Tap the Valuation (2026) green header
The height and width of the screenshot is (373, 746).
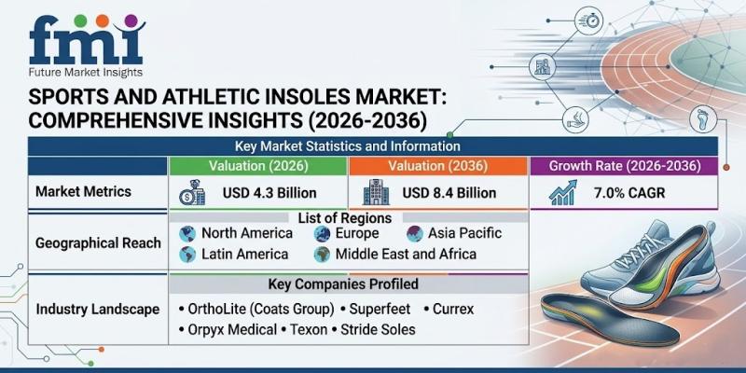click(258, 166)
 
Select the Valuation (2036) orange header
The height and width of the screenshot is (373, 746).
click(437, 166)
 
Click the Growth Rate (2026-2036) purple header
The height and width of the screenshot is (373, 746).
click(624, 166)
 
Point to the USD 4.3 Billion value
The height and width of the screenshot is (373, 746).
click(269, 193)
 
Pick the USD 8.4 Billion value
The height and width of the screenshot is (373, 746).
click(449, 193)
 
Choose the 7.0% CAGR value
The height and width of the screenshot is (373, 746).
click(629, 193)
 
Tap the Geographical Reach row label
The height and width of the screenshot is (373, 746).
click(98, 243)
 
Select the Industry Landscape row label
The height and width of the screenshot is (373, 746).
click(98, 310)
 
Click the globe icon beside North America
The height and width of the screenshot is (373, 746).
click(187, 234)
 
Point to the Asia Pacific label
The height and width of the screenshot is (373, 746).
click(464, 233)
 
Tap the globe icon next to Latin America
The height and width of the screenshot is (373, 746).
click(187, 255)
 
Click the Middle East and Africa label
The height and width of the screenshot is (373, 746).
click(406, 254)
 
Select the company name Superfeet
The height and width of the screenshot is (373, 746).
click(380, 310)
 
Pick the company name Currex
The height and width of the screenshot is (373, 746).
click(453, 310)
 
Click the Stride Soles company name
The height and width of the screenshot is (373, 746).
click(378, 329)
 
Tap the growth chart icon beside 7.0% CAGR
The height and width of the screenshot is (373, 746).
click(563, 193)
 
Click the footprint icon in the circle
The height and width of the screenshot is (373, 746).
click(703, 120)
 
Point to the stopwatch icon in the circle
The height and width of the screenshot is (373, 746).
click(589, 21)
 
